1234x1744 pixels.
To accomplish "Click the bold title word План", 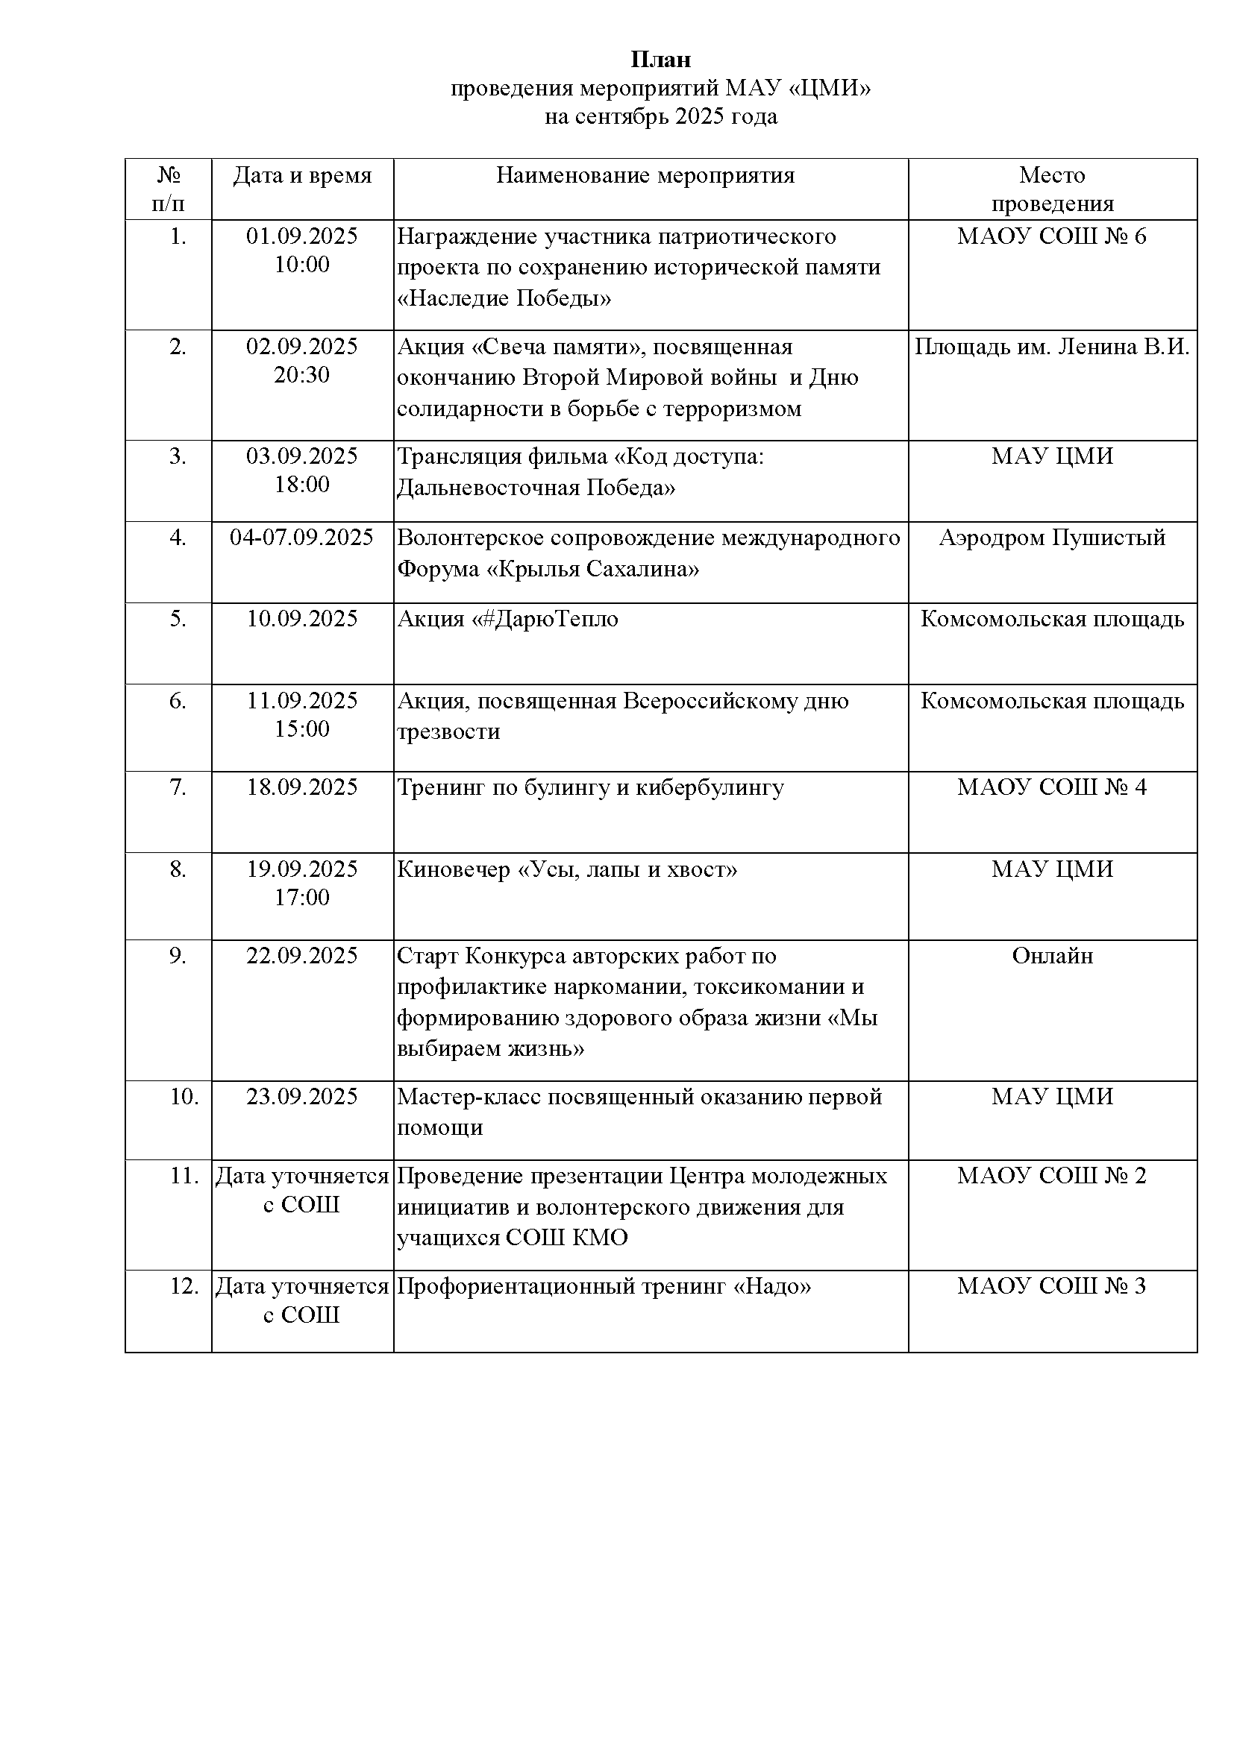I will pos(660,59).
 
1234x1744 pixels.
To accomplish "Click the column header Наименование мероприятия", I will pos(645,175).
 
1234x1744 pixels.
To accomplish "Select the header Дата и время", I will pos(302,175).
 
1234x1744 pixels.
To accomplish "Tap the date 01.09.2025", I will pos(301,236).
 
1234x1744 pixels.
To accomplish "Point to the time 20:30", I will pos(301,374).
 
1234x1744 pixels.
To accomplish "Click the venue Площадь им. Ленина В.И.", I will pos(1052,347).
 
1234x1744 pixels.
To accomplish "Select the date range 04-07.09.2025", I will pos(301,538).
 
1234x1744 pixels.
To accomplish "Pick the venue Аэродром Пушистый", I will pos(1052,538).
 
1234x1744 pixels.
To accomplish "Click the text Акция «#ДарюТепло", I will pos(507,619).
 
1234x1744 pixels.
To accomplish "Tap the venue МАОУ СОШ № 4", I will pos(1052,787).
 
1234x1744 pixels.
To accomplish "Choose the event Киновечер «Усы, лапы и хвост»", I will pos(567,869).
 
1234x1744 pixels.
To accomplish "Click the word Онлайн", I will pos(1052,956).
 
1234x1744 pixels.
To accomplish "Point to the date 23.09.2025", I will pos(301,1097).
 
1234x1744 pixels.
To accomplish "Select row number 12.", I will pos(184,1287).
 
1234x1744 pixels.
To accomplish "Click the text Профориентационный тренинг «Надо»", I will pos(604,1287).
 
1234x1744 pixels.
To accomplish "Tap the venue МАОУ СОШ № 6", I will pos(1052,236).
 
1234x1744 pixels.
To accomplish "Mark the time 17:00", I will pos(301,897).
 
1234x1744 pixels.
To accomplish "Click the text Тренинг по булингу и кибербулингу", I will pos(589,787).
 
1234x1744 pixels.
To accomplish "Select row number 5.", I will pos(177,619).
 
